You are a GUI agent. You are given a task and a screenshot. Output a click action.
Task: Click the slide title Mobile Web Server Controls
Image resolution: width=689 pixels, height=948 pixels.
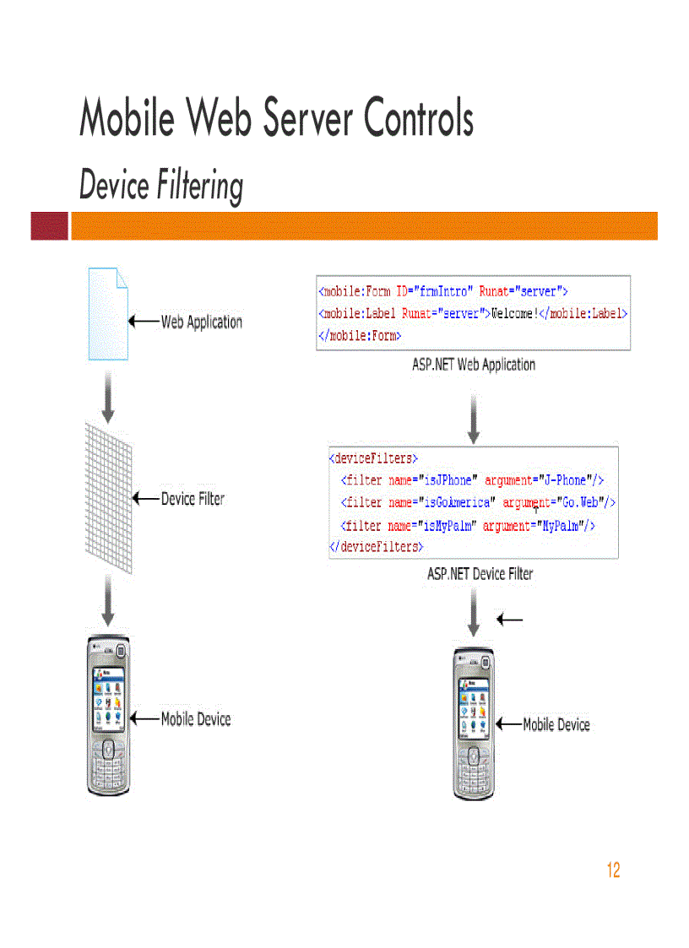276,117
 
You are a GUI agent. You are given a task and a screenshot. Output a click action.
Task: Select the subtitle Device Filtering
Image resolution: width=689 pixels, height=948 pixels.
161,186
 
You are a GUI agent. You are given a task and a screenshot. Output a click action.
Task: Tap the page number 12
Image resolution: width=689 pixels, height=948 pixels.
613,870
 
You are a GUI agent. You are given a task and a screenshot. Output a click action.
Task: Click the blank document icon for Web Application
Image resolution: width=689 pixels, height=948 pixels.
108,313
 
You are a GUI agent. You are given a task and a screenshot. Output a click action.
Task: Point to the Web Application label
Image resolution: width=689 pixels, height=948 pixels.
201,322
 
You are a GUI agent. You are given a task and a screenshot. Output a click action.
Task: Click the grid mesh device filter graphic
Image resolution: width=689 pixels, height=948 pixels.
108,499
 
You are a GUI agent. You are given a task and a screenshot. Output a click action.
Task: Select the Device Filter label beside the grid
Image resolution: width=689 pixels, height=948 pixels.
193,499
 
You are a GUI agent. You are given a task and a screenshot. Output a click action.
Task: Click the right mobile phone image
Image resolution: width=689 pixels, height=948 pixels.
473,724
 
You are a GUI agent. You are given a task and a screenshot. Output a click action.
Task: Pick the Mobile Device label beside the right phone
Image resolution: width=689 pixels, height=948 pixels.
556,724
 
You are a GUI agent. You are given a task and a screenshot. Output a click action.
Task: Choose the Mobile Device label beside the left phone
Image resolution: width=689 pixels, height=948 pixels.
195,719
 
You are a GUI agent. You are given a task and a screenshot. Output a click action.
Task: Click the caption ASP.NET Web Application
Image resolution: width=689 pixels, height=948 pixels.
473,365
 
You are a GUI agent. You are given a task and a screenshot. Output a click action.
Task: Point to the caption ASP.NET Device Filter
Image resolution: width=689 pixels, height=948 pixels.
480,574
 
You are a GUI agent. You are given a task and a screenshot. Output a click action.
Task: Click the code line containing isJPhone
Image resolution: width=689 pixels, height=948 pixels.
472,480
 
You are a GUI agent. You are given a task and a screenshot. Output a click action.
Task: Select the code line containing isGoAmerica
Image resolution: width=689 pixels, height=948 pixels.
477,502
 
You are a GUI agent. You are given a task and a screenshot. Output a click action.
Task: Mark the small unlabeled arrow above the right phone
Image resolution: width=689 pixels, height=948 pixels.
510,620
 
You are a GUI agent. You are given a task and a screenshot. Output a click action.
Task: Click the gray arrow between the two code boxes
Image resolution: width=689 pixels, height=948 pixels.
474,417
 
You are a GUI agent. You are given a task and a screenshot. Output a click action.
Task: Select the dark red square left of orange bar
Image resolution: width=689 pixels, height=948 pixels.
49,226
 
